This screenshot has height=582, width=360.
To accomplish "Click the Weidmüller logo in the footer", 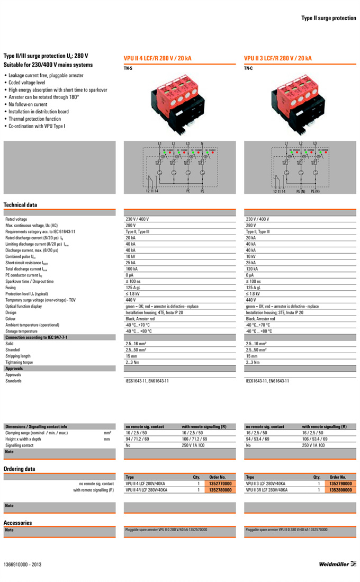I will pos(338,565).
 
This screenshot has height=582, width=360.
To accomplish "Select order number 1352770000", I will pos(217,483).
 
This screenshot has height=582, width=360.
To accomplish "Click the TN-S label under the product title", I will pos(128,68).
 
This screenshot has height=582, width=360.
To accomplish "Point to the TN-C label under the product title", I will pos(248,68).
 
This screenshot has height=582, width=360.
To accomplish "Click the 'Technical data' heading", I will pos(20,204).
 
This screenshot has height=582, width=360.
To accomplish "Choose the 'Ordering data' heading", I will pos(19,469).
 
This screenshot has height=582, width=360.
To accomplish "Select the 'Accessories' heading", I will pos(17,523).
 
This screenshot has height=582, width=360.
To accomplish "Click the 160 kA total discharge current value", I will pos(131,269).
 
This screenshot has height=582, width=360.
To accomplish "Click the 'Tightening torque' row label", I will pos(19,362).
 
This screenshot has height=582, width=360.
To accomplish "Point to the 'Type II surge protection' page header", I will pos(329,18).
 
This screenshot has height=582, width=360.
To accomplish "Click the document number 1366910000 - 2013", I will pos(22,565).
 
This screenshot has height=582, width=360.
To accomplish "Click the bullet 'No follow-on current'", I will pos(28,104).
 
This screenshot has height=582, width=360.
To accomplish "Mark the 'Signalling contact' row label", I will pos(20,445).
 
